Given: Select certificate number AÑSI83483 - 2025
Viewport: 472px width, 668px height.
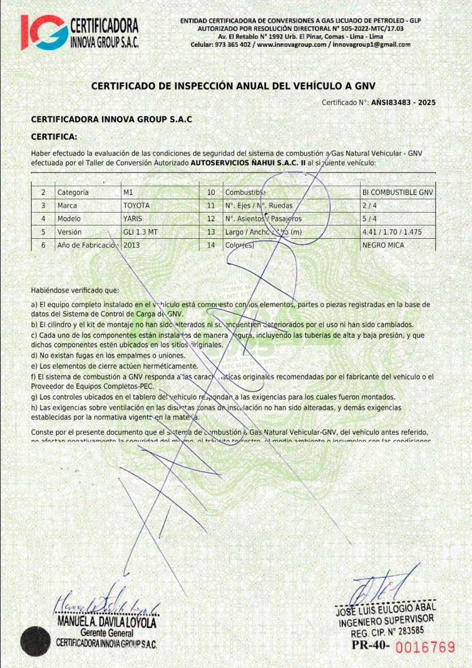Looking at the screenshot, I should (403, 102).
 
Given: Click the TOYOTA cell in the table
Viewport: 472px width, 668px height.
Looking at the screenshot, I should (136, 205).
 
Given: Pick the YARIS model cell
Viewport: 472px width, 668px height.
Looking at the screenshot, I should (133, 219).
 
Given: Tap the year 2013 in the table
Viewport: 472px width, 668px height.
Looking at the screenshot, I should (132, 245).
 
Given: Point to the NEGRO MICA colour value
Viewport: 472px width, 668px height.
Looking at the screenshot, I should (383, 245).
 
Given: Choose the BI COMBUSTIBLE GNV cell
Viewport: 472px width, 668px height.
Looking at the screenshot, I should (397, 193).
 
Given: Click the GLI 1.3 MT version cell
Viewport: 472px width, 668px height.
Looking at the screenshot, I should (140, 232).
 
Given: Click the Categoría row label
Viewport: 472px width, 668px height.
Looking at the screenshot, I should (73, 193).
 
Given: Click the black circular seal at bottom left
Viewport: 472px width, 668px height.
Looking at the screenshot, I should (36, 641).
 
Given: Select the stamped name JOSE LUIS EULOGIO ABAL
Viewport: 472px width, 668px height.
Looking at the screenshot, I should (386, 609).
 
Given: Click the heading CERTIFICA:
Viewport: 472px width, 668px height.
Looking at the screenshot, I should (54, 136).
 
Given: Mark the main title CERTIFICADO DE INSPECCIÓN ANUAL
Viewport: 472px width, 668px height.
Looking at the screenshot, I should (233, 86).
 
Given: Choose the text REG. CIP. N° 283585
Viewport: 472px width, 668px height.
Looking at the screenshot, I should (387, 632).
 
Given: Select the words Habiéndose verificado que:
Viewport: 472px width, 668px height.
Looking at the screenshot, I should (75, 290).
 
